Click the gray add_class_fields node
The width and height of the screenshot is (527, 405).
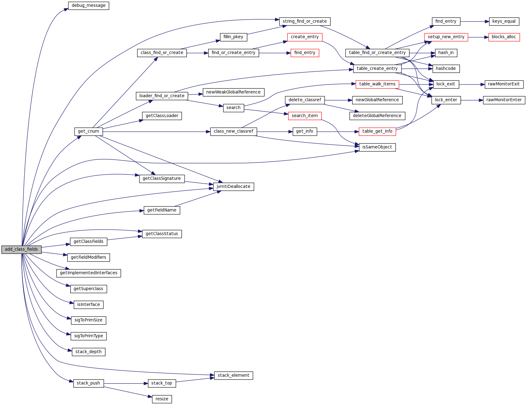click(21, 249)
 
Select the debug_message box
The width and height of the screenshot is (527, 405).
click(89, 6)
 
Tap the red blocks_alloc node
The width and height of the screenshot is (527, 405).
click(504, 37)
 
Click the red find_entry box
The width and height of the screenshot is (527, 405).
click(305, 53)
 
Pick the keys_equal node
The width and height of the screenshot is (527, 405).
click(504, 21)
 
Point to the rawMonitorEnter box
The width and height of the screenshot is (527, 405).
click(504, 100)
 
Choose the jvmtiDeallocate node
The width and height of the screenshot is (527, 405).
click(233, 187)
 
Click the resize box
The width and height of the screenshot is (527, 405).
click(162, 399)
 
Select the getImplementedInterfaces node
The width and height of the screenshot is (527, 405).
click(89, 273)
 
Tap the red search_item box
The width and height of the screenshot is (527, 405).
click(305, 116)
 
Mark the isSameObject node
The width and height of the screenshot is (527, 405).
click(377, 147)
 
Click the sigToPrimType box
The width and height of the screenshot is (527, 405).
click(89, 336)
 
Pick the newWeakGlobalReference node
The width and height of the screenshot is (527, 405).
click(233, 92)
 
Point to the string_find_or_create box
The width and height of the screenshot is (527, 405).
click(305, 21)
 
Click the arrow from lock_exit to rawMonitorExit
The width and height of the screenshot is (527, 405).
click(472, 84)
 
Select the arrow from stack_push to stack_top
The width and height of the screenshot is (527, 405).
click(126, 384)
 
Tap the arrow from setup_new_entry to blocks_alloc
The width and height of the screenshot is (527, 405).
click(478, 37)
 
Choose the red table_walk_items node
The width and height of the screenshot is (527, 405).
click(377, 84)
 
